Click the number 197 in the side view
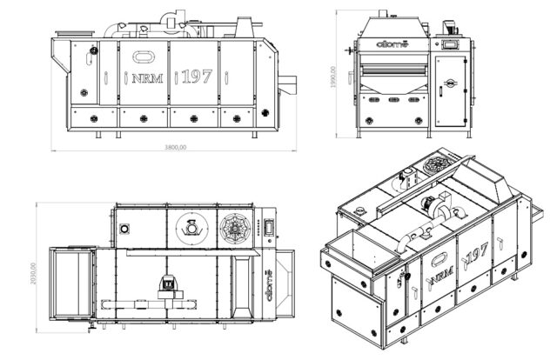click(198, 77)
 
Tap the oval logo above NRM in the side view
click(143, 57)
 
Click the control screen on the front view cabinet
click(451, 43)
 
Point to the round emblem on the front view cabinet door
click(451, 83)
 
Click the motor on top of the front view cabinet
click(451, 26)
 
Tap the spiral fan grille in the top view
click(235, 229)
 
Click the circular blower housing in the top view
click(189, 228)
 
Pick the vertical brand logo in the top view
click(271, 283)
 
